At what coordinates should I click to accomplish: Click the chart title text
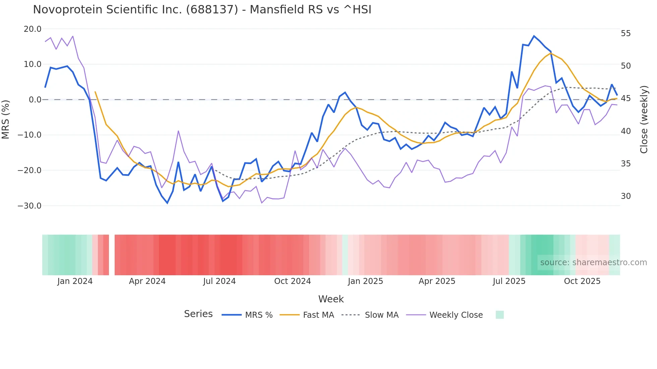[202, 10]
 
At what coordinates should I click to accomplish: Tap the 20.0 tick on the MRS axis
[33, 29]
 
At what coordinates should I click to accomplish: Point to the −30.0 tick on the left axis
[29, 206]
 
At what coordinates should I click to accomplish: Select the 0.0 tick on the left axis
[35, 100]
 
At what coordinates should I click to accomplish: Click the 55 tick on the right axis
[625, 33]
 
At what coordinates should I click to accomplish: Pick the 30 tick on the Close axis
[625, 196]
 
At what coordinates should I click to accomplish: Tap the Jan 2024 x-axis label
[75, 281]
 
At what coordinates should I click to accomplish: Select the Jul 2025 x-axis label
[509, 281]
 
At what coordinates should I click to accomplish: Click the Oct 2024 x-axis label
[292, 281]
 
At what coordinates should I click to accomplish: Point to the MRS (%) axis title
[6, 119]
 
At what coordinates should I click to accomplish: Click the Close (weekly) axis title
[644, 119]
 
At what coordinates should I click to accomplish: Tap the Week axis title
[331, 299]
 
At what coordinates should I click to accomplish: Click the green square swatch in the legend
[499, 315]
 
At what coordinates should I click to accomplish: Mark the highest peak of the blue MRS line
[534, 36]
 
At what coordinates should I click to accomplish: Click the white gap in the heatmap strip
[112, 255]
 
